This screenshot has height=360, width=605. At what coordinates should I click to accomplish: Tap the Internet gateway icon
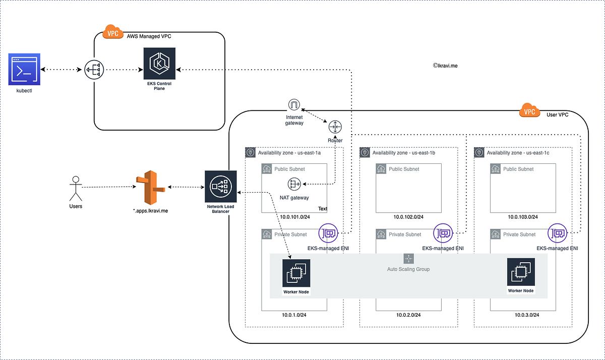click(294, 105)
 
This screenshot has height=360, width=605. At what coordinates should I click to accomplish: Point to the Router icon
click(335, 127)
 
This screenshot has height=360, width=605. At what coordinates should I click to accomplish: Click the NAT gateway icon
click(294, 185)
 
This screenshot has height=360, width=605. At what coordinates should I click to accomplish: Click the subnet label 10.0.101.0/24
click(294, 217)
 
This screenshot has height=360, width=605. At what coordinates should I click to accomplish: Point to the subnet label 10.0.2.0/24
click(408, 315)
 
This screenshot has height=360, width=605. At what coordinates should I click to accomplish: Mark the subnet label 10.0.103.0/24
click(522, 217)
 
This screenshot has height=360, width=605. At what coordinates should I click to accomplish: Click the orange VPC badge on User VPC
click(529, 112)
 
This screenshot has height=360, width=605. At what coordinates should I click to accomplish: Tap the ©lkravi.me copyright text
click(445, 66)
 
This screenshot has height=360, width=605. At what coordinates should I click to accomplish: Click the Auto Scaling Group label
click(408, 269)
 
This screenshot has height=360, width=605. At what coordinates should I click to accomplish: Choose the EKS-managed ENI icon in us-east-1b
click(443, 233)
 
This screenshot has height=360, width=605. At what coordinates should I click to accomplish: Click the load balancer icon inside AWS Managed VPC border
click(94, 69)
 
